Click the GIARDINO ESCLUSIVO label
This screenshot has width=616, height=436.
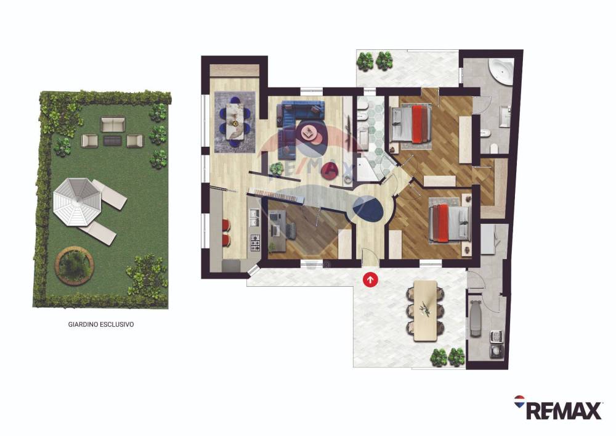point(101,325)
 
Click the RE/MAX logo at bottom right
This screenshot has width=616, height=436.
point(558,408)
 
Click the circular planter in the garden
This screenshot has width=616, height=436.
point(74,264)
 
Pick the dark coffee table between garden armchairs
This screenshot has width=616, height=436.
point(112,139)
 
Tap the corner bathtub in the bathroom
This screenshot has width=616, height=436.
point(500,72)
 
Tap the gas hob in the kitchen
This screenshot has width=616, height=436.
point(255,242)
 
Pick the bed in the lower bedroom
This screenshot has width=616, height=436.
point(450,222)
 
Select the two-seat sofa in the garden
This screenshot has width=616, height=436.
point(113,124)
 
